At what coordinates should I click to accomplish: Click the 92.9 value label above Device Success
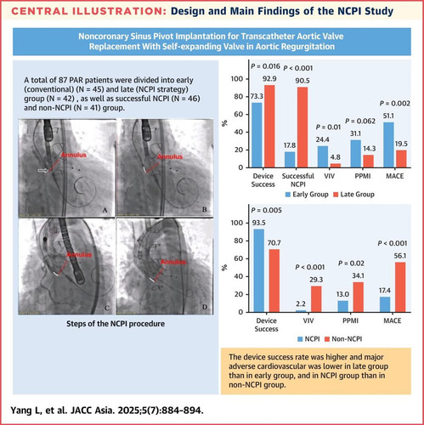[269, 78]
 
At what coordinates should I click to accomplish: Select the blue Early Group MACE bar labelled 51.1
[388, 144]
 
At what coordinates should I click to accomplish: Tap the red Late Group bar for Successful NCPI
[302, 127]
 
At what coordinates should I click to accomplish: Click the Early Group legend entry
[307, 195]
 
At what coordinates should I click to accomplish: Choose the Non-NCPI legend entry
[343, 339]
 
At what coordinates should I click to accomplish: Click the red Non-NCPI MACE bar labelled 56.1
[400, 287]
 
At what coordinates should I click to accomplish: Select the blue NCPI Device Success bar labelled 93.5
[258, 270]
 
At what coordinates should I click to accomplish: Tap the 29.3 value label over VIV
[316, 280]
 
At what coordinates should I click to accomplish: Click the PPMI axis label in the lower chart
[350, 320]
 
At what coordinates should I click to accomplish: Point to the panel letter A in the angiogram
[105, 210]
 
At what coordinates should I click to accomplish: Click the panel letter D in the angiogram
[205, 307]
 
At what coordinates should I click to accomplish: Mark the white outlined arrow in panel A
[43, 170]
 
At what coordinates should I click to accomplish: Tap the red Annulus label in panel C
[79, 255]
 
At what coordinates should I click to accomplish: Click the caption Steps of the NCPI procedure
[116, 324]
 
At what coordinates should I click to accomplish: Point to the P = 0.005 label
[266, 210]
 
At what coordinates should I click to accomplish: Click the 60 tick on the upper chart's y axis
[239, 114]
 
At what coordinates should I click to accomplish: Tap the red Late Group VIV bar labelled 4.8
[336, 166]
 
